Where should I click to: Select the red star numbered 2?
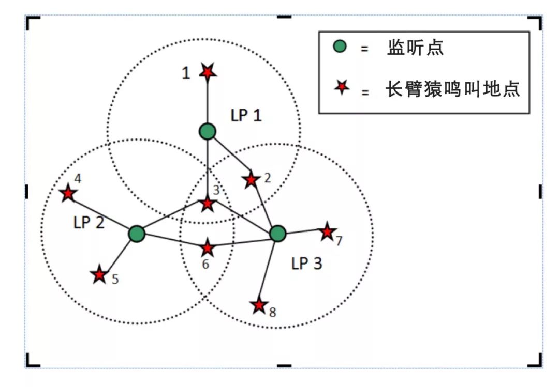(x=251, y=180)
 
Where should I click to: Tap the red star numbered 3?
(x=208, y=204)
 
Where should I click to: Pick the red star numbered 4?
(x=68, y=193)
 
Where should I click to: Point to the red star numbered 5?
(x=99, y=274)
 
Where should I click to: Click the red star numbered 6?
(x=208, y=248)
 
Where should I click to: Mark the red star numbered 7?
(x=327, y=232)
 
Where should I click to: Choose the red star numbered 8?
(x=259, y=305)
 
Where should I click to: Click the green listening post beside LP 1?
(x=208, y=131)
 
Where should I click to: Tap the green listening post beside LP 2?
(x=137, y=234)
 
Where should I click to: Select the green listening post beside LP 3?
(x=278, y=233)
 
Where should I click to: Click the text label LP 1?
(x=246, y=115)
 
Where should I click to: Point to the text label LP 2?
(x=89, y=223)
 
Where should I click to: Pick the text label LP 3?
(x=306, y=264)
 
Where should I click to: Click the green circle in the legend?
(x=340, y=47)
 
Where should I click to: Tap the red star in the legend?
(x=342, y=87)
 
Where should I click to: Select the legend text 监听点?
(x=415, y=48)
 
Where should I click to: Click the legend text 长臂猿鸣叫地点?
(x=453, y=89)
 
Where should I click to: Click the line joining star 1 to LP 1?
(x=208, y=102)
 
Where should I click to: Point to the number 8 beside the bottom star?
(x=272, y=312)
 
